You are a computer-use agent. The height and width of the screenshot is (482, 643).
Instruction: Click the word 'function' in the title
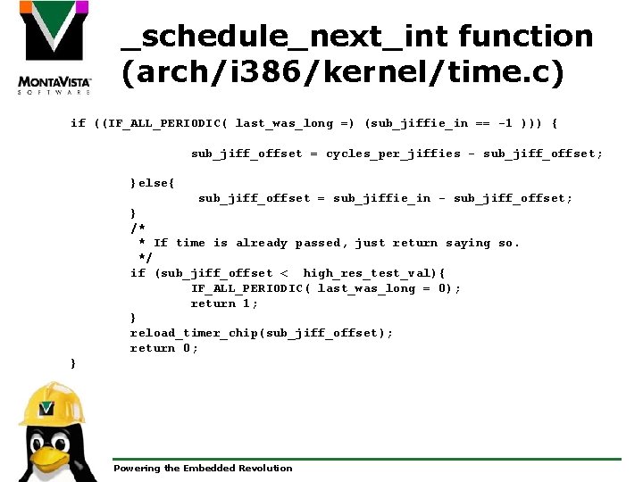tap(525, 37)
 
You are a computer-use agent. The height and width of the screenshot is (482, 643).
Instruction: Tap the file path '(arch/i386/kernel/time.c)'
tap(343, 73)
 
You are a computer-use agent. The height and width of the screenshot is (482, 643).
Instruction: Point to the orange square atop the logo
tap(28, 7)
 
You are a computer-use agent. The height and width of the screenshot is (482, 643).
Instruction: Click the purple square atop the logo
tap(80, 7)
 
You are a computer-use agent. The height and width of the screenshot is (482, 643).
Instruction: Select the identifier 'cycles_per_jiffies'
tap(393, 154)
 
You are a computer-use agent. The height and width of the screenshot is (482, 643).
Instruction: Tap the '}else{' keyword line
tap(153, 183)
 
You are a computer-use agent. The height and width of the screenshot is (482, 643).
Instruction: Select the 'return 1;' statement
tap(224, 303)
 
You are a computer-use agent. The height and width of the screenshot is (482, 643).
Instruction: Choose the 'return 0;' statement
tap(164, 348)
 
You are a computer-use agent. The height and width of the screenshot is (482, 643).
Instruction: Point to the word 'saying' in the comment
tap(468, 243)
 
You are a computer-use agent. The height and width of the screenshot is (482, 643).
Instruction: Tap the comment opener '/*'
tap(138, 229)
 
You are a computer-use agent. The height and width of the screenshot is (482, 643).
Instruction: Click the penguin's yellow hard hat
tap(52, 404)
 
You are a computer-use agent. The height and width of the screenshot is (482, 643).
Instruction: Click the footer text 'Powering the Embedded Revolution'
tap(203, 468)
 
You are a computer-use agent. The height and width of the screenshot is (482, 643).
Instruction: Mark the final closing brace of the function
tap(73, 363)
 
